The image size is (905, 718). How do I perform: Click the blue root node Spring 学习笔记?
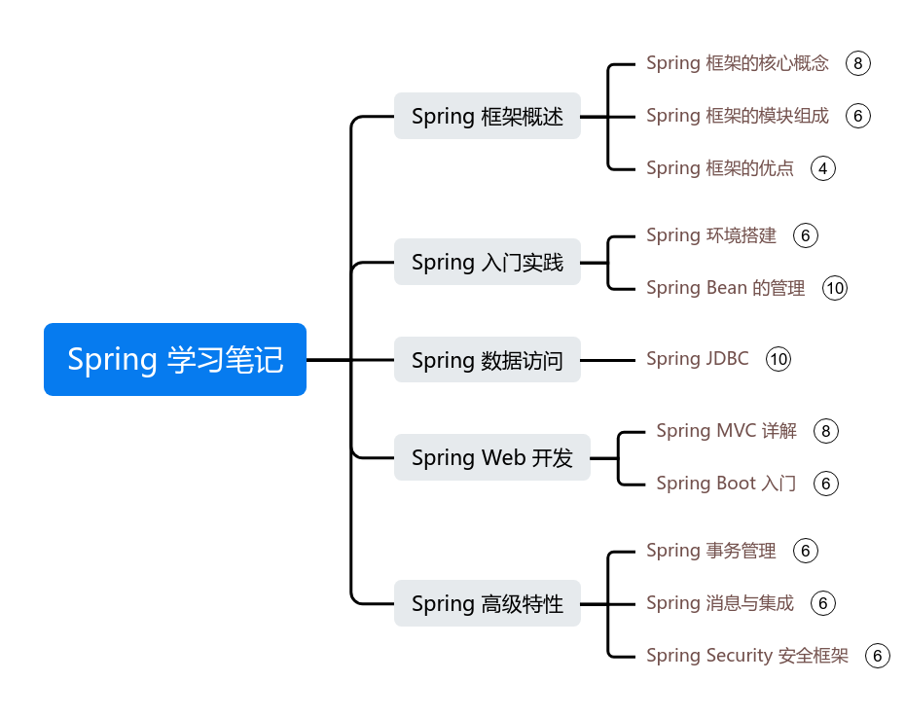(x=175, y=359)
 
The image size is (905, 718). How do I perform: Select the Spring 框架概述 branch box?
(x=487, y=117)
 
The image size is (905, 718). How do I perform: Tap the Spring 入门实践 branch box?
(x=487, y=262)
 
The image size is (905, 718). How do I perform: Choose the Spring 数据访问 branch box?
(x=487, y=360)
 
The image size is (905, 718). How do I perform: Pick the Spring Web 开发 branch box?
(x=491, y=457)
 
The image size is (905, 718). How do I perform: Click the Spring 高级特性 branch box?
(x=487, y=603)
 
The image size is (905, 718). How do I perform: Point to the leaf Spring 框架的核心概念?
(x=737, y=63)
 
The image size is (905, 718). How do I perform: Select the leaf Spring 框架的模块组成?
(x=737, y=116)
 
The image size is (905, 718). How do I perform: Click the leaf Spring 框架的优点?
(x=719, y=168)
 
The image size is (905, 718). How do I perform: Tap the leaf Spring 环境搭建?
(x=710, y=235)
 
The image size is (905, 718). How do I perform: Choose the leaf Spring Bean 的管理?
(x=725, y=288)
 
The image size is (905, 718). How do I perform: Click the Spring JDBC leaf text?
(x=697, y=359)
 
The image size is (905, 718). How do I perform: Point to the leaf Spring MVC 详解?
(x=726, y=431)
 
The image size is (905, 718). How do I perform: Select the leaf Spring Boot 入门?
(x=726, y=484)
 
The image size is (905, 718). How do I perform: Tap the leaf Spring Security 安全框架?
(x=746, y=656)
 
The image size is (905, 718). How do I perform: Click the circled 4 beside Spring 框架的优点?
(x=823, y=168)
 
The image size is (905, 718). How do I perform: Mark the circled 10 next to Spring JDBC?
(x=778, y=359)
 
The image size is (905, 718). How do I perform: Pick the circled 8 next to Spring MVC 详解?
(x=826, y=431)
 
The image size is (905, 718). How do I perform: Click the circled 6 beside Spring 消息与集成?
(x=823, y=603)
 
